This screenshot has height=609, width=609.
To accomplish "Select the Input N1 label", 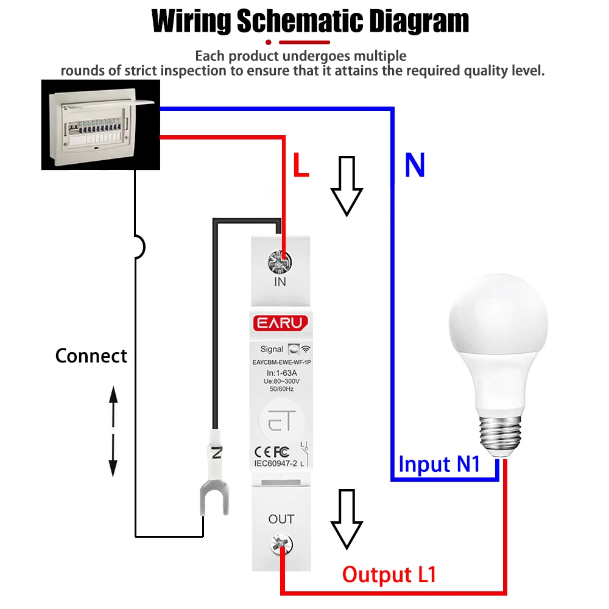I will pos(439,464).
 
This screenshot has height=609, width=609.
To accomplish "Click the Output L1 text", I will pos(389,574).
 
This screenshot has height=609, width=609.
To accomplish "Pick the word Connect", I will pos(91,356).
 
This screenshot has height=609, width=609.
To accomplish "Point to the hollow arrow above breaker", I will pos(347,186).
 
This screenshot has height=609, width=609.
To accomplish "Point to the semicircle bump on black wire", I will pos(140,247).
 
